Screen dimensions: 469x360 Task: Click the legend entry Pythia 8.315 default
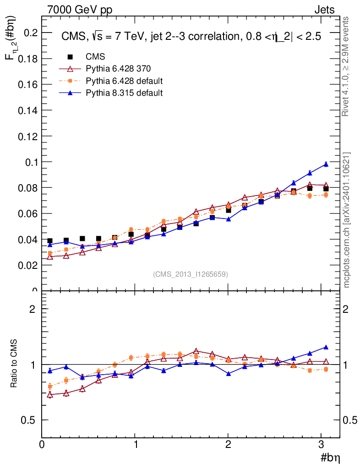pyautogui.click(x=124, y=93)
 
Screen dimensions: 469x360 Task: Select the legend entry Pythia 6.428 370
pyautogui.click(x=118, y=69)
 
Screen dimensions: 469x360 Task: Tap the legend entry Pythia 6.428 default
pyautogui.click(x=124, y=81)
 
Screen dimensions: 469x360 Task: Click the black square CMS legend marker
pyautogui.click(x=71, y=57)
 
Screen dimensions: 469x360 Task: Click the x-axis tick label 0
pyautogui.click(x=42, y=444)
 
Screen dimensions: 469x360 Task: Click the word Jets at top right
pyautogui.click(x=324, y=10)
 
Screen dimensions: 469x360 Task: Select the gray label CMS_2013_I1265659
pyautogui.click(x=191, y=274)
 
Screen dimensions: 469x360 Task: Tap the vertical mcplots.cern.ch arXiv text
pyautogui.click(x=347, y=220)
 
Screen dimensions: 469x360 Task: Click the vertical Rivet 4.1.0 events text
pyautogui.click(x=346, y=66)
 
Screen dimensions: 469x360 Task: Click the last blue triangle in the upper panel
pyautogui.click(x=326, y=164)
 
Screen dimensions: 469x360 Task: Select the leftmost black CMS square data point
pyautogui.click(x=50, y=241)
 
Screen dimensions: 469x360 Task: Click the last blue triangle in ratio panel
pyautogui.click(x=326, y=347)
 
